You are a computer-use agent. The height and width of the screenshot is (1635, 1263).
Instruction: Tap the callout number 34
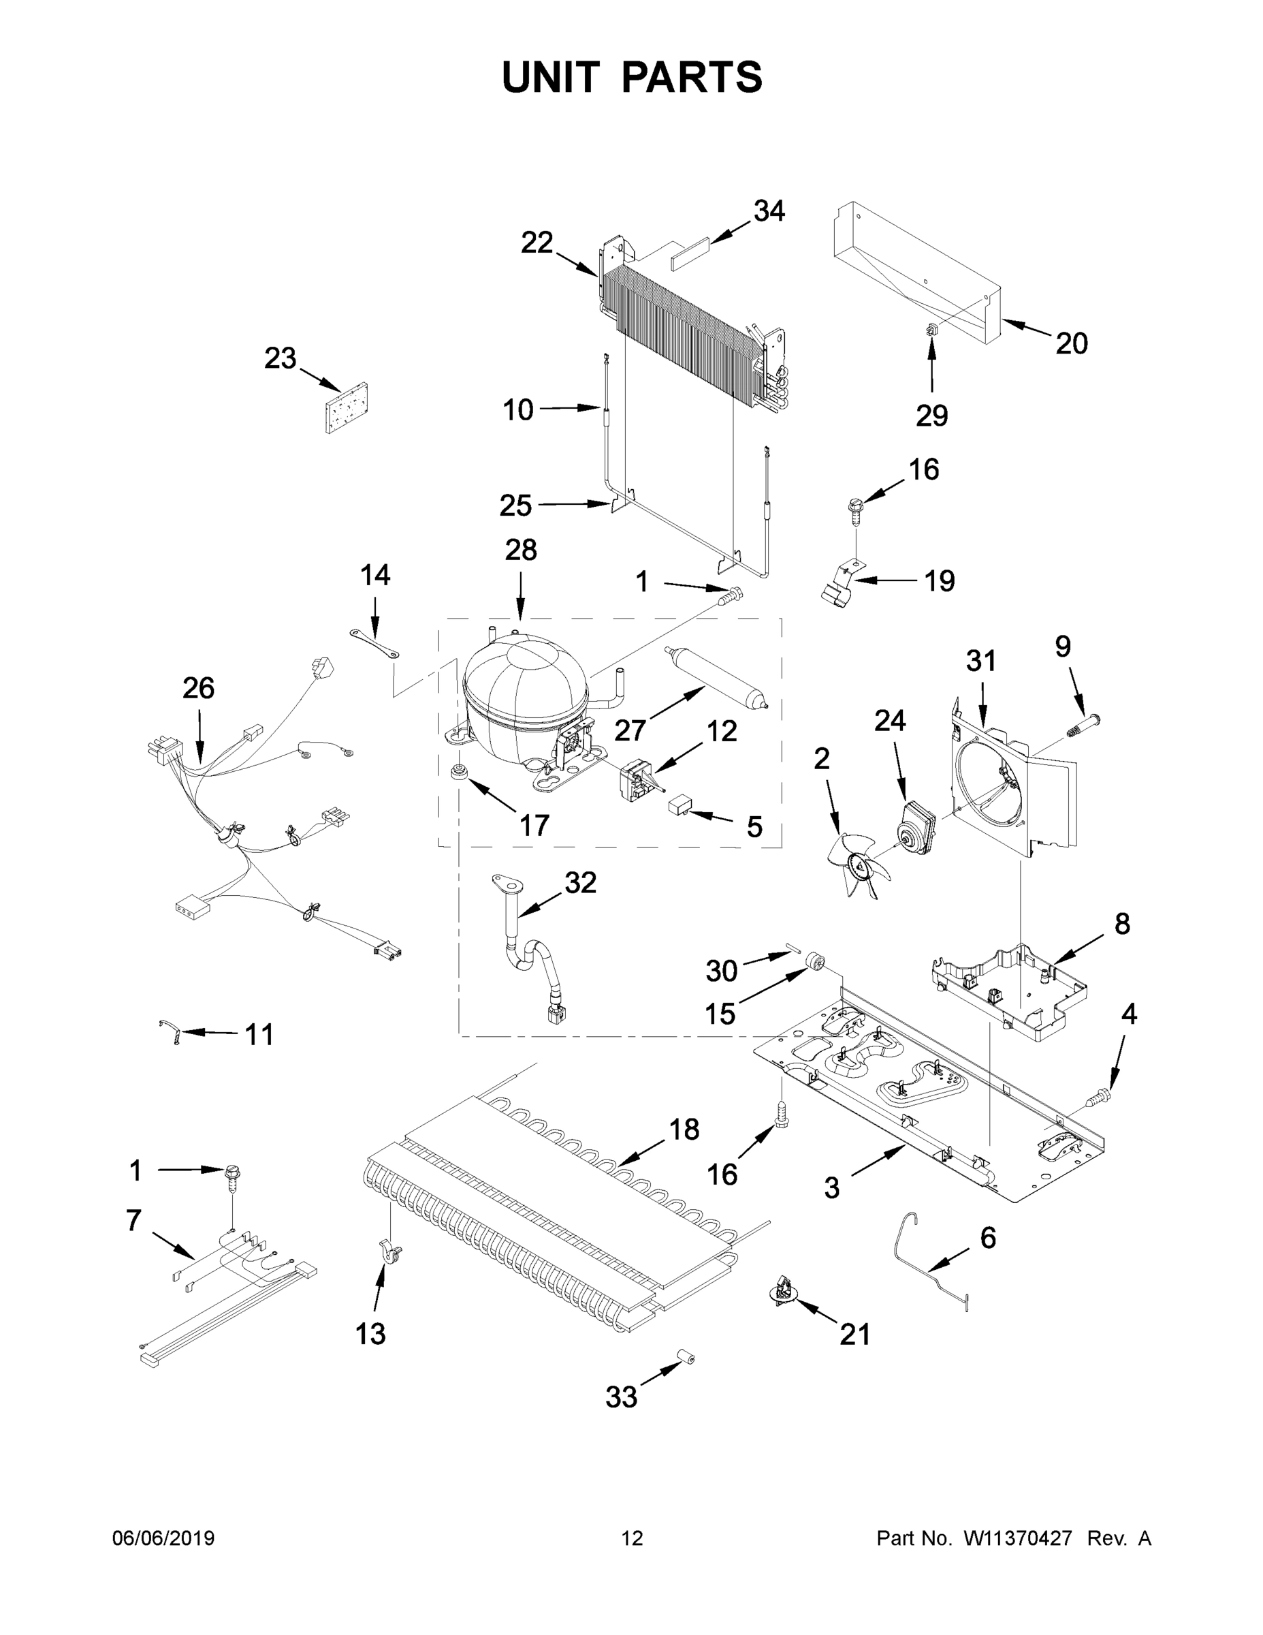[769, 212]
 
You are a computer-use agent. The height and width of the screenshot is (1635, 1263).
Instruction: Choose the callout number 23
[280, 358]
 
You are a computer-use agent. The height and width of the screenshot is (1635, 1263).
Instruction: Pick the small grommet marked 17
[455, 772]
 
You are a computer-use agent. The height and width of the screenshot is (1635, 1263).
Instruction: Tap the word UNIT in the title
[551, 77]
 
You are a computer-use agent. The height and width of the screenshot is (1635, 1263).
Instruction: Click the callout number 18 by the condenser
[684, 1129]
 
